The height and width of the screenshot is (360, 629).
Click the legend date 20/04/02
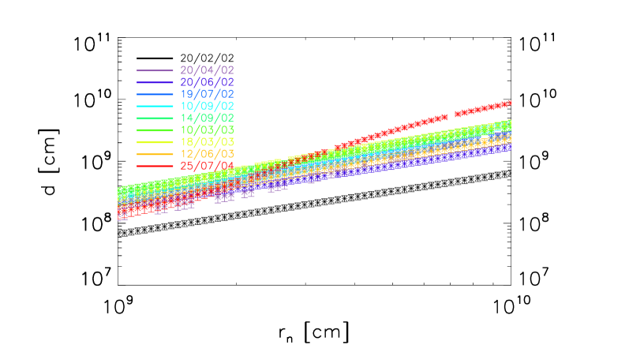207,70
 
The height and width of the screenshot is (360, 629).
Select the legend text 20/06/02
207,82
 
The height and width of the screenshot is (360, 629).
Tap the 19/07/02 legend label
207,94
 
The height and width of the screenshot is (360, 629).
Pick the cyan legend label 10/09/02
207,106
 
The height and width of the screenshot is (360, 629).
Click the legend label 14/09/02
207,118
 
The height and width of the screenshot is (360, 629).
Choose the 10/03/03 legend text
207,129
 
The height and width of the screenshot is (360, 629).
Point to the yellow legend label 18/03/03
207,141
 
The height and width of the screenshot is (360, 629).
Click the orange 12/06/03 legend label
207,153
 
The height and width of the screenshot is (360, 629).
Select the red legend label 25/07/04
207,165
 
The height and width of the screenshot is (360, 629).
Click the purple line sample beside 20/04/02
155,71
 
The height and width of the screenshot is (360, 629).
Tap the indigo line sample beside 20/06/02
155,83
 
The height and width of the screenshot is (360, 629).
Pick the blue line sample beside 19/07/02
155,95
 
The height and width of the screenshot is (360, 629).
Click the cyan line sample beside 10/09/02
155,107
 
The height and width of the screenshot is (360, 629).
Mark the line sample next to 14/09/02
155,118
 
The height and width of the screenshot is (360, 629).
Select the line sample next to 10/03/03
155,130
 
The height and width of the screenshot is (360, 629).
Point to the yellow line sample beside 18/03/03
155,142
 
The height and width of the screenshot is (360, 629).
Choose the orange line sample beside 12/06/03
155,154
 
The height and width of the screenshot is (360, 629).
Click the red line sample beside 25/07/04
155,166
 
